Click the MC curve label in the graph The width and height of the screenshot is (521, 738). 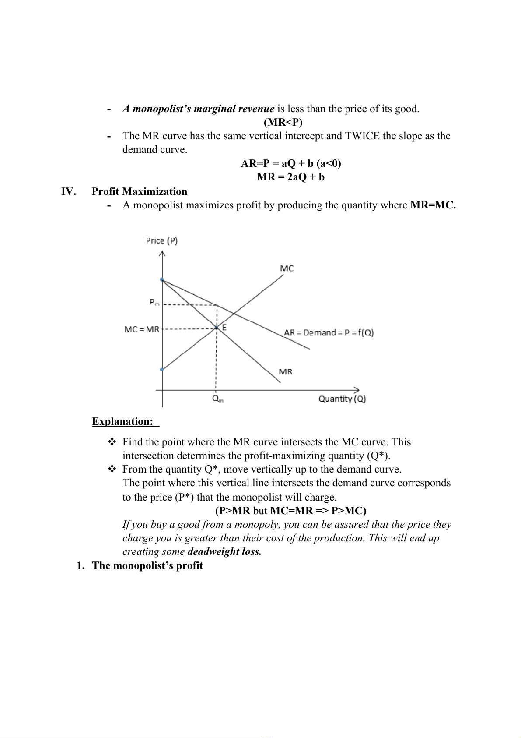287,268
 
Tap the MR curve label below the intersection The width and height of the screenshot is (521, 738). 285,372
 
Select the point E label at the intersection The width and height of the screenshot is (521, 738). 224,327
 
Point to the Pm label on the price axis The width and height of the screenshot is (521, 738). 154,302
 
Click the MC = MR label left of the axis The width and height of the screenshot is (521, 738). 142,329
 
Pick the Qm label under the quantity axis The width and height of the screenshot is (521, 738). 217,399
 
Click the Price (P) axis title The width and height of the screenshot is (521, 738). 161,240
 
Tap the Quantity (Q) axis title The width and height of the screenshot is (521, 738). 342,399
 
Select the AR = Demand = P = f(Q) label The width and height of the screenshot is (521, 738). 329,332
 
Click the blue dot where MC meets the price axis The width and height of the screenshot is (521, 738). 162,369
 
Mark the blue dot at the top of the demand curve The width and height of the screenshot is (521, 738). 162,279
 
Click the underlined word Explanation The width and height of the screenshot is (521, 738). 122,421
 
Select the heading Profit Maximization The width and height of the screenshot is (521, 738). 139,191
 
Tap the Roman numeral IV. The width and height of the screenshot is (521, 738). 68,191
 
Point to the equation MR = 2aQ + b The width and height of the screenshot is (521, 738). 290,177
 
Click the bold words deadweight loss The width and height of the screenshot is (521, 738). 224,551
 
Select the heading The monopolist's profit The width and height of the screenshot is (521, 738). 147,565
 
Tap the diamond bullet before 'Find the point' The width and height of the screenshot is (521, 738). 112,442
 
